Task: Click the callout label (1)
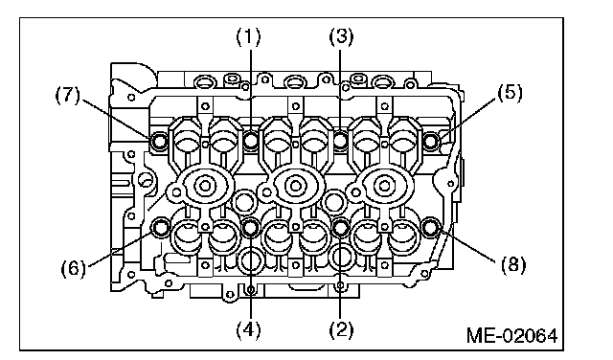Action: [248, 37]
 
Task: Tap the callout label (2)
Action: [341, 329]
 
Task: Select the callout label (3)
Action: [341, 37]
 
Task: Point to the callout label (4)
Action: [248, 329]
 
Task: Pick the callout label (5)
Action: [510, 94]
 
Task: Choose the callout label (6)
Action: [74, 269]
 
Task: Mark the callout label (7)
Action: [67, 96]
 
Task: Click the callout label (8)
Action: [513, 265]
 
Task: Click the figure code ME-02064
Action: [512, 335]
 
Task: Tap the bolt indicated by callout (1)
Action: [251, 141]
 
